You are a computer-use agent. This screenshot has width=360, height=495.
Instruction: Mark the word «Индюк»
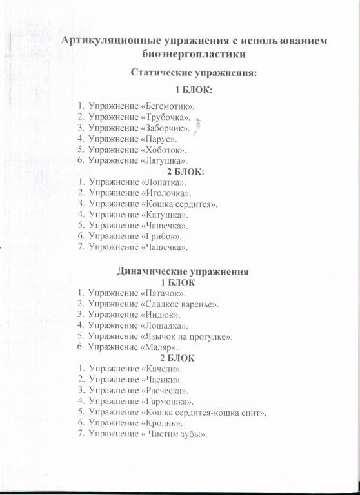pos(159,315)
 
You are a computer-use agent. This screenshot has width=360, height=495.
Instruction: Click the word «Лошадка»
pos(163,325)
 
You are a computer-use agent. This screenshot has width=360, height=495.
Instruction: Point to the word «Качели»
pos(161,369)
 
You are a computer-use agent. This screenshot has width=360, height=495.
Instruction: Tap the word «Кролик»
pos(161,423)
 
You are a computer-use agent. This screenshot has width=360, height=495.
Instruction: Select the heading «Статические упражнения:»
pos(194,73)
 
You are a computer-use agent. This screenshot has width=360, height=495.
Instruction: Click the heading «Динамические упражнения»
pos(183,271)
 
